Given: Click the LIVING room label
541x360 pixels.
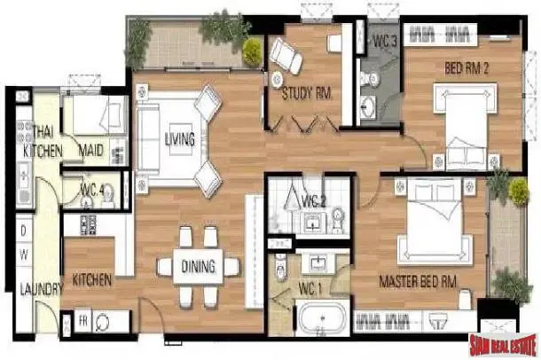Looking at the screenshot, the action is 180,139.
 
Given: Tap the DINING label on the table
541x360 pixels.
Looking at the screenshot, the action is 198,266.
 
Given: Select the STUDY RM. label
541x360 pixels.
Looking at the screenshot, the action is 307,93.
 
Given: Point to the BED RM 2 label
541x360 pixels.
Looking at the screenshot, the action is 467,68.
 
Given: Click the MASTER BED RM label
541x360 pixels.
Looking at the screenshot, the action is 418,281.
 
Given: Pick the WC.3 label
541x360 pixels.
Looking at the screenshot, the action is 385,42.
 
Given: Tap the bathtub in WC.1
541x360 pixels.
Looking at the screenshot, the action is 322,318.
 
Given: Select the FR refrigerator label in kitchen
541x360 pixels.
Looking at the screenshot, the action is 83,321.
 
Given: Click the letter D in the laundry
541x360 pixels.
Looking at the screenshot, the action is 23,231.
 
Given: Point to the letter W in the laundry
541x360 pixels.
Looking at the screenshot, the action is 24,254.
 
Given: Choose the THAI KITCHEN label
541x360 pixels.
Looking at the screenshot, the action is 43,141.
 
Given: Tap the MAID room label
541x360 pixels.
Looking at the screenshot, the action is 90,151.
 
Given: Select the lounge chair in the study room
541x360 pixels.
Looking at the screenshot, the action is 286,55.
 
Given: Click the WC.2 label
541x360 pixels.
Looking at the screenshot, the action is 314,202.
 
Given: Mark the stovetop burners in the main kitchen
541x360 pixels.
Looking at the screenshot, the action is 88,224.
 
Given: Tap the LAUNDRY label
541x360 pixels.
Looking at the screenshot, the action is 42,289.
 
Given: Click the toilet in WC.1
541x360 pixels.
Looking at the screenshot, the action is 281,268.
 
